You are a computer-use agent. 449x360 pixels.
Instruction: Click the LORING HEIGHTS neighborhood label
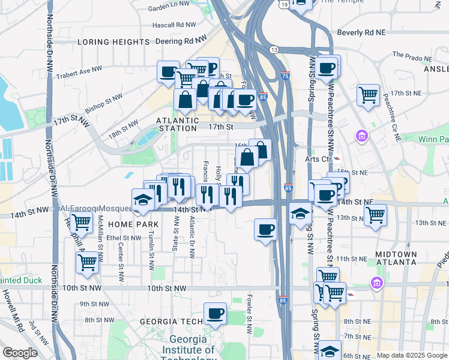[x=113, y=42]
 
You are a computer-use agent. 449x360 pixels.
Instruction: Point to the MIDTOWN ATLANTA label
[x=396, y=259]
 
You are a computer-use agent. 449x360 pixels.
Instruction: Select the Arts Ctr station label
[x=318, y=159]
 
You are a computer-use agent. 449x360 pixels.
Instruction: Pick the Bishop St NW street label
[x=103, y=100]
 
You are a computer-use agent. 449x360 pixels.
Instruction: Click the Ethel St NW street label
[x=124, y=238]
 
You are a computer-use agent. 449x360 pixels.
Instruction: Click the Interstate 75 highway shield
[x=285, y=76]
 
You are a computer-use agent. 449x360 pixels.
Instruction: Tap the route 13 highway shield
[x=274, y=49]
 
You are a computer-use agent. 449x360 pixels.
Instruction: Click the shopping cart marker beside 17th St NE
[x=368, y=95]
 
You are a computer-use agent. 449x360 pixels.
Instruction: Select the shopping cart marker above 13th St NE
[x=375, y=214]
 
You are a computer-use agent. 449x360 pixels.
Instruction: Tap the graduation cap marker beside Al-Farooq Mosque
[x=143, y=199]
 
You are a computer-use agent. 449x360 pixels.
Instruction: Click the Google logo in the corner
[x=20, y=353]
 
